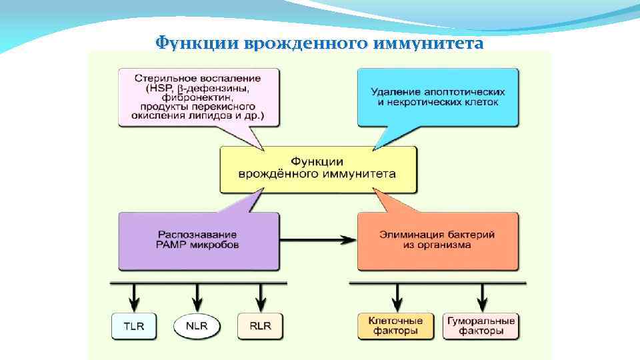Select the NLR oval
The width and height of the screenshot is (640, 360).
(197, 326)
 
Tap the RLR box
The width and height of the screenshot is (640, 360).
(260, 326)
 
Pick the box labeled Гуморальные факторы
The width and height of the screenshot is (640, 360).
(480, 326)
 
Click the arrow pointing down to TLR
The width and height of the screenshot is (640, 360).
(133, 295)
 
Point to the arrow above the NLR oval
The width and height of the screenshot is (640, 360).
(197, 295)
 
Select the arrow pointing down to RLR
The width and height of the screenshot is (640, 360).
(261, 295)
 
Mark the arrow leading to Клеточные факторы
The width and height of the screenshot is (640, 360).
(398, 295)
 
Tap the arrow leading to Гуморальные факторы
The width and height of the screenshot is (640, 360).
(481, 295)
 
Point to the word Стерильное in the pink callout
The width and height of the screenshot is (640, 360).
(157, 78)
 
